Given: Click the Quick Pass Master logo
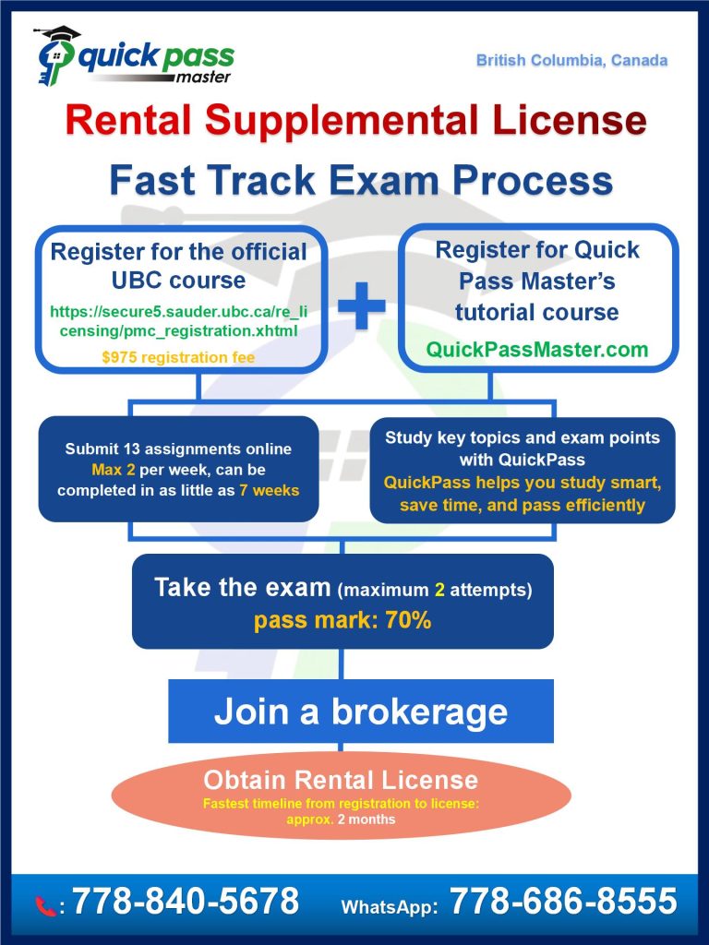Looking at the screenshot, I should click(x=133, y=57).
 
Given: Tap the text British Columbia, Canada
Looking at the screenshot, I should click(x=571, y=61).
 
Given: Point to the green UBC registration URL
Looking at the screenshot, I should click(x=179, y=322).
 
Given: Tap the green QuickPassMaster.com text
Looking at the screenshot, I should click(x=536, y=350).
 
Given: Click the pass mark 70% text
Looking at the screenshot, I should click(x=342, y=620).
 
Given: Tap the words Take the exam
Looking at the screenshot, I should click(x=242, y=588).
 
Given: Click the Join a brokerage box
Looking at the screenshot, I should click(x=360, y=711).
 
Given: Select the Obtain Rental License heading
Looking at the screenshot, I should click(x=341, y=780).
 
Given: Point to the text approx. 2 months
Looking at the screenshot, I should click(x=341, y=819).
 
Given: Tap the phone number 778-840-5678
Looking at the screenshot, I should click(x=186, y=902).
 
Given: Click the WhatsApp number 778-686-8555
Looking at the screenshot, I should click(x=563, y=902).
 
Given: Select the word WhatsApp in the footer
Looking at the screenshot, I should click(x=389, y=907).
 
